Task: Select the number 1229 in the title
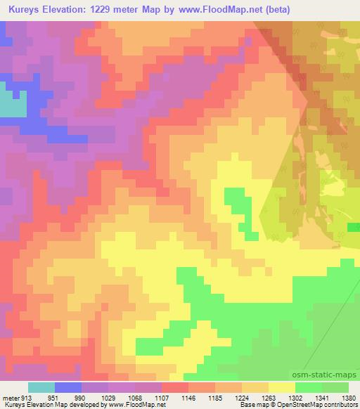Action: tap(104, 9)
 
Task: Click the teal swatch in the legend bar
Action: tap(41, 387)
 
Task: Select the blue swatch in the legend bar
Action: tap(68, 387)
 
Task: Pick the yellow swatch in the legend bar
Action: tap(281, 387)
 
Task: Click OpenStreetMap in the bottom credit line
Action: tap(293, 405)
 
